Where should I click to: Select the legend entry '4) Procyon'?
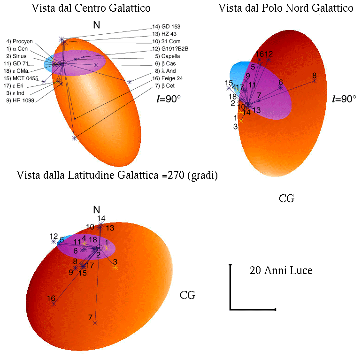(20, 41)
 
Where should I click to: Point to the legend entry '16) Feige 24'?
(170, 78)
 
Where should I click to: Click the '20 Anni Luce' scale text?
(281, 271)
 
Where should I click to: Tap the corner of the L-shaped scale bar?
(230, 309)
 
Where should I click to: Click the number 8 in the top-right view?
(314, 76)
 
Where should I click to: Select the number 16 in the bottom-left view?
(51, 298)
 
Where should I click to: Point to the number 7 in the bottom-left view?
(90, 318)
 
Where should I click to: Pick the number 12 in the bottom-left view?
(53, 236)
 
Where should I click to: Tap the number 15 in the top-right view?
(229, 83)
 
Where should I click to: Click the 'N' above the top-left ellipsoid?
(96, 26)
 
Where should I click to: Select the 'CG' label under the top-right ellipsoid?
(286, 199)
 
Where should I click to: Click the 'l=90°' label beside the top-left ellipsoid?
(168, 99)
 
